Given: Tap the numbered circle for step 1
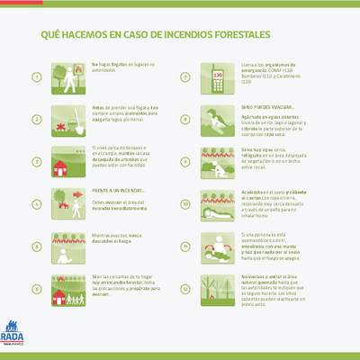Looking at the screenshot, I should pos(36,76).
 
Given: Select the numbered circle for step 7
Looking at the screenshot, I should pos(185,76).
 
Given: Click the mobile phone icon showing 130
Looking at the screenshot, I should pos(217,77).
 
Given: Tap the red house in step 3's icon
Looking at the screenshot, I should pos(60,166).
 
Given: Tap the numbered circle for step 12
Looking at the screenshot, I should pos(185,289).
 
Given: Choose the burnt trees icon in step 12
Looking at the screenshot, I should pos(216,289).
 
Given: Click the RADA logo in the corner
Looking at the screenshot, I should pos(14,334).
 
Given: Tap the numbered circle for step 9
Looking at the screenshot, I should pos(185,162).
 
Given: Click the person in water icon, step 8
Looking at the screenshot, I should pos(216,119).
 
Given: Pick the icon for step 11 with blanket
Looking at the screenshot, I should pos(216,247).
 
